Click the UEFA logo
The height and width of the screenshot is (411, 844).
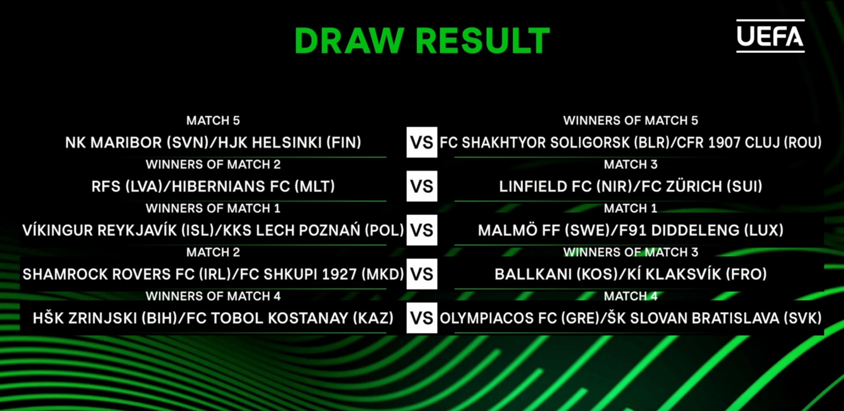[770, 36]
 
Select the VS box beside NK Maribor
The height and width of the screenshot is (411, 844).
[422, 142]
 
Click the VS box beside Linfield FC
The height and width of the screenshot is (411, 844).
[422, 186]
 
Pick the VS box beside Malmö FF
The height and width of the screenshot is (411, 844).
[422, 230]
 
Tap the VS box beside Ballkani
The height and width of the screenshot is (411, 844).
[422, 274]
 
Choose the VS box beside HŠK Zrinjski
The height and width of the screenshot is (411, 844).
[422, 318]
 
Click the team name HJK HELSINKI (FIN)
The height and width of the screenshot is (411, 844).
[290, 143]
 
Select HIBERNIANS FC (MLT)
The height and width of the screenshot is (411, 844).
[253, 187]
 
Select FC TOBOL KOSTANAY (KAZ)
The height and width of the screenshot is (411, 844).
[290, 318]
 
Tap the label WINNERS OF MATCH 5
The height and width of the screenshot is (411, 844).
[631, 120]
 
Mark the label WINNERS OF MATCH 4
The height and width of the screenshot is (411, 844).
[213, 296]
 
